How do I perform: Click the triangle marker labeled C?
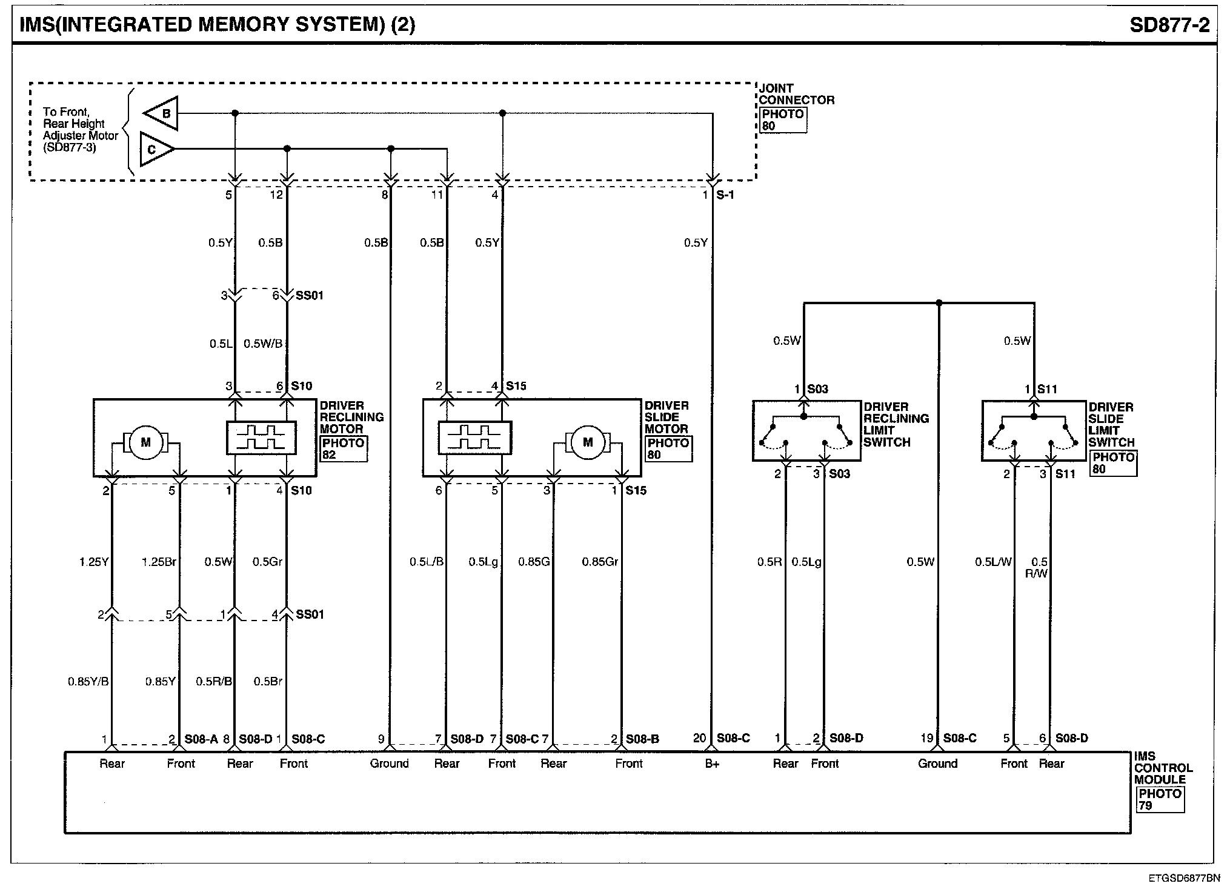pos(156,149)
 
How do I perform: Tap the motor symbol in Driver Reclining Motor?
pos(145,442)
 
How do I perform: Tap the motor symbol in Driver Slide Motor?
pos(587,442)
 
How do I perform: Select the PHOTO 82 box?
pos(344,449)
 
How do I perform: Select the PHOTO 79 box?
pos(1159,799)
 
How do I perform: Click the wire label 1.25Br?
pos(159,562)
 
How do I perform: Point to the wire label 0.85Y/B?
pos(88,682)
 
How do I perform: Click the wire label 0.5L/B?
pos(427,562)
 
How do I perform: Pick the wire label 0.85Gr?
pos(600,562)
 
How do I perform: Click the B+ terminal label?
pos(712,764)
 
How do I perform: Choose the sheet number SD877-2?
pos(1169,25)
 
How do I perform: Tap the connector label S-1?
pos(725,195)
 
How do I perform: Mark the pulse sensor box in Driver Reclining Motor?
pos(261,438)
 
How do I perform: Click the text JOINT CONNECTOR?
pos(796,95)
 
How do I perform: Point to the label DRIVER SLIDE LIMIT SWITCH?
pos(1111,425)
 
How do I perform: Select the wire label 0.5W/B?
pos(263,344)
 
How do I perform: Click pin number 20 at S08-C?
pos(700,739)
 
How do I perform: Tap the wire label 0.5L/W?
pos(993,562)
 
